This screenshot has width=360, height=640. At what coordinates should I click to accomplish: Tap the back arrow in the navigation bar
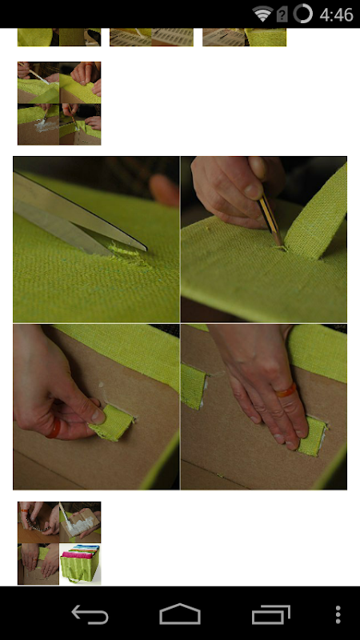90,614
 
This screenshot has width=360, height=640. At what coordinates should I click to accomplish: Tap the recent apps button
271,614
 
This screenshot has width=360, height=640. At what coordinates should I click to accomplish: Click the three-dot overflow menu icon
338,614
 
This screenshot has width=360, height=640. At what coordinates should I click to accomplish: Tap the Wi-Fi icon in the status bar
262,14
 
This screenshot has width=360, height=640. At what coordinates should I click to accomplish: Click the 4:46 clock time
336,14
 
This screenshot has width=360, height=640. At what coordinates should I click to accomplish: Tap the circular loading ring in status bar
302,14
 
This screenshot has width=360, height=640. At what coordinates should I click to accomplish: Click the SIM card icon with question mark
282,14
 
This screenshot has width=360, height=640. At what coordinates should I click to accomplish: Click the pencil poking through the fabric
270,221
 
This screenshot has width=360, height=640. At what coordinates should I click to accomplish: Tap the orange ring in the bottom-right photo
286,390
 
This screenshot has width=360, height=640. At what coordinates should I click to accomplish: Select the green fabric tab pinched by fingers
111,422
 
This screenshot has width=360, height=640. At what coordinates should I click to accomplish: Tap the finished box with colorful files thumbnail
80,564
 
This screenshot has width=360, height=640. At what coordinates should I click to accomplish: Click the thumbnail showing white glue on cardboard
38,124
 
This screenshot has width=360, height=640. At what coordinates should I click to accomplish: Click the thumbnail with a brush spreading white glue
80,522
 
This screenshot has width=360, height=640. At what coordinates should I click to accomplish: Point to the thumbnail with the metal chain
38,522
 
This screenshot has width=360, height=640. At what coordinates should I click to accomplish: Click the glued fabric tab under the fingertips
313,436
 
